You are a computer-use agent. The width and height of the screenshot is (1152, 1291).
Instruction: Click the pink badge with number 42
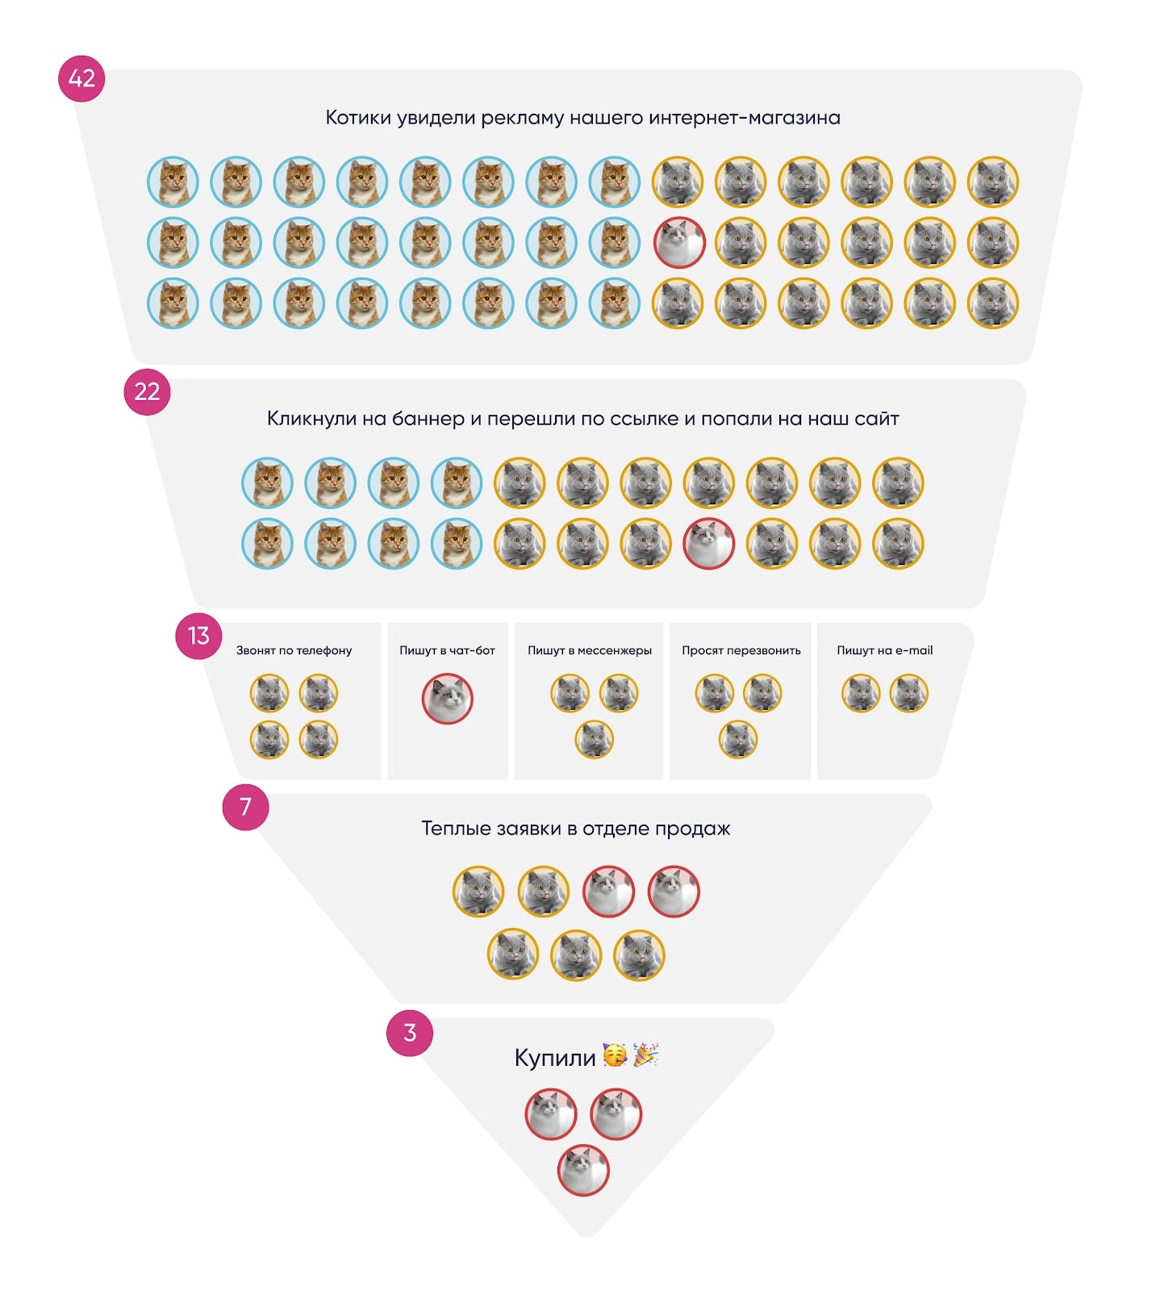click(x=81, y=78)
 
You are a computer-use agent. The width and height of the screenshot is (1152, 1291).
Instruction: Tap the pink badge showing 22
click(x=147, y=391)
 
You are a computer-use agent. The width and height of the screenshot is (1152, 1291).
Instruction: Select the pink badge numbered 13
click(x=198, y=636)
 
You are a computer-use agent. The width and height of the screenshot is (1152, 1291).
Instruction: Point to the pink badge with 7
click(x=245, y=806)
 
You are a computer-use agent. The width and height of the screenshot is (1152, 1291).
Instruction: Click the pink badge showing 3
click(x=410, y=1032)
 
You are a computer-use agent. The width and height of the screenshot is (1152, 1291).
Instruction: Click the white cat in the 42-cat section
click(x=678, y=242)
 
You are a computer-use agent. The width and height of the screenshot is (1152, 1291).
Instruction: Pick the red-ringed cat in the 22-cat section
click(x=709, y=543)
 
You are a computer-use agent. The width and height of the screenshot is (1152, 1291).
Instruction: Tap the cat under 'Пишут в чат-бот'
click(x=448, y=698)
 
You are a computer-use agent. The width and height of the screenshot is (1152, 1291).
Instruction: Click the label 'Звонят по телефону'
click(x=294, y=650)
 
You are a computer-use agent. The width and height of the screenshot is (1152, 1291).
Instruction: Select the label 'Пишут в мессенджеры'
click(x=590, y=650)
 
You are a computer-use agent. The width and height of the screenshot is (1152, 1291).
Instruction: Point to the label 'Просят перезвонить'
click(x=741, y=650)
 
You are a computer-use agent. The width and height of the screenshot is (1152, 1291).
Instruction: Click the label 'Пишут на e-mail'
click(x=884, y=650)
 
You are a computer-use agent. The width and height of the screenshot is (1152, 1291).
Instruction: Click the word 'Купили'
click(x=555, y=1057)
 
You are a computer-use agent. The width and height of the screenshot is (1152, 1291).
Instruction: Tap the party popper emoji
click(x=645, y=1055)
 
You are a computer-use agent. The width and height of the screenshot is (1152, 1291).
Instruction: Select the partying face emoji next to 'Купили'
click(x=615, y=1055)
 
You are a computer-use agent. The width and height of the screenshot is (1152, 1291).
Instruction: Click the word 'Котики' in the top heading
click(x=355, y=118)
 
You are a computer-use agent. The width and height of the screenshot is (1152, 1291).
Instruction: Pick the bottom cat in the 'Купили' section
click(x=583, y=1170)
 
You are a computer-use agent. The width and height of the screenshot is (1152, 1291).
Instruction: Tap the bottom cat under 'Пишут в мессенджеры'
click(x=595, y=739)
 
